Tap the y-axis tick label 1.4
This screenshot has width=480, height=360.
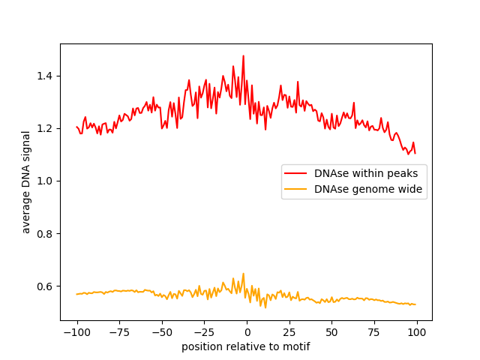coord(46,76)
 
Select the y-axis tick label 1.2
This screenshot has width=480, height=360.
coord(46,128)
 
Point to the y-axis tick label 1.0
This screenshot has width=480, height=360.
coord(46,181)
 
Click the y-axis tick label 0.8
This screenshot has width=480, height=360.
coord(46,234)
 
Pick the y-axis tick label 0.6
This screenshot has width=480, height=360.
coord(46,286)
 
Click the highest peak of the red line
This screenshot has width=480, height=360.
coord(243,55)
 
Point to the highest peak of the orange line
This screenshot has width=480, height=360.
coord(243,274)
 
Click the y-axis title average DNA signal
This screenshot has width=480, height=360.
coord(26,181)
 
